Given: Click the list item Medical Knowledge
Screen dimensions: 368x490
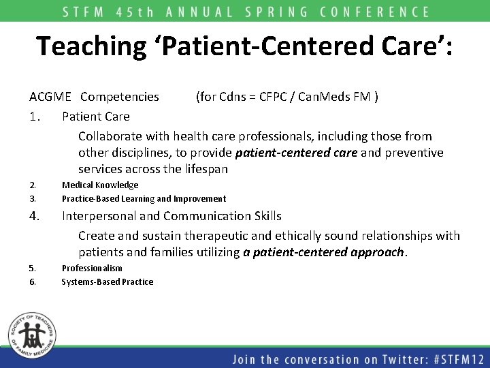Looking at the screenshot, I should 100,185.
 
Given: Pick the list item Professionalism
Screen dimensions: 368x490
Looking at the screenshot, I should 92,269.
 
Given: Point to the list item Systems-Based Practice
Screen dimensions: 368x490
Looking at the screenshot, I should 108,282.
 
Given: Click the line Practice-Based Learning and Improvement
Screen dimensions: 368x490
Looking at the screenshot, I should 144,199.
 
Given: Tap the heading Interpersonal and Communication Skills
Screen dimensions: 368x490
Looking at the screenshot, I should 171,216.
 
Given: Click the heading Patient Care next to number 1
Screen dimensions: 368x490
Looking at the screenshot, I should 96,117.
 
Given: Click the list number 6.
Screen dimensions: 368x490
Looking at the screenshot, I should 33,282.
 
